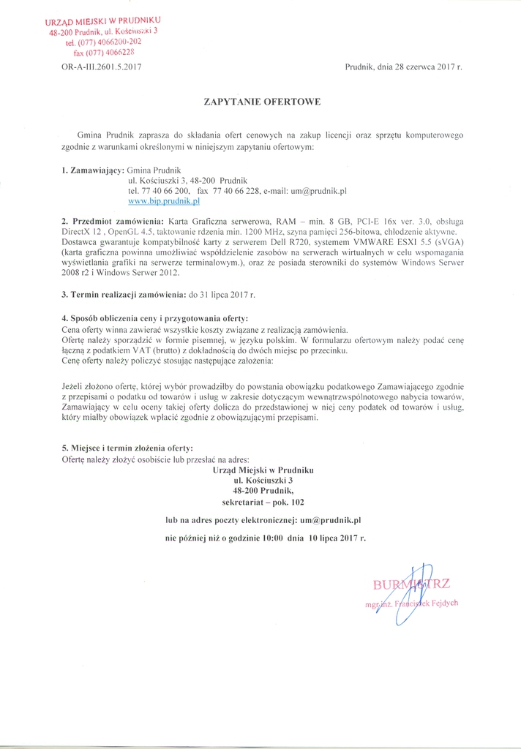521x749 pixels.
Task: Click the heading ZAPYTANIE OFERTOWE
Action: coord(262,102)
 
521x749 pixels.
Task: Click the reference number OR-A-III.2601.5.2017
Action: coord(101,67)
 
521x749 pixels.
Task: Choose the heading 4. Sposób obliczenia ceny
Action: coord(155,319)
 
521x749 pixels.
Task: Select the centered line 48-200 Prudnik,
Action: coord(262,491)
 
